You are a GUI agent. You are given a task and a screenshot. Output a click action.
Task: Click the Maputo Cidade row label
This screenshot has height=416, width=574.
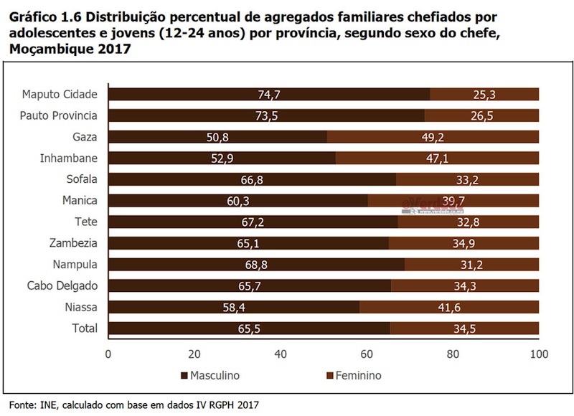[65, 94]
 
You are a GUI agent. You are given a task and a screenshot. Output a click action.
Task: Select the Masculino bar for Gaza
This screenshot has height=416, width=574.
[217, 136]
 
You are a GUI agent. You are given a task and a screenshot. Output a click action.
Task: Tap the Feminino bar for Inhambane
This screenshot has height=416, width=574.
[437, 158]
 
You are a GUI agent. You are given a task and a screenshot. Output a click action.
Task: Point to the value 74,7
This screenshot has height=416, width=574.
[268, 94]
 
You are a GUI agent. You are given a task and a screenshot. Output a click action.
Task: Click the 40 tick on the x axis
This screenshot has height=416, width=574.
[281, 354]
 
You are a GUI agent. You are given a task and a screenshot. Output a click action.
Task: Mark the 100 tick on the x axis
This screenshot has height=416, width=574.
[539, 354]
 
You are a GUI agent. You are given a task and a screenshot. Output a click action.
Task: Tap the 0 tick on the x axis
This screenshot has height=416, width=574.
[108, 354]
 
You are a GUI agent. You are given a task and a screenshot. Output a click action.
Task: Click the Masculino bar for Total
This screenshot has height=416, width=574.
[249, 328]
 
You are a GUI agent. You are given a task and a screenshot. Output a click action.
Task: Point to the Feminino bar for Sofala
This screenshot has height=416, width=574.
[467, 179]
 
